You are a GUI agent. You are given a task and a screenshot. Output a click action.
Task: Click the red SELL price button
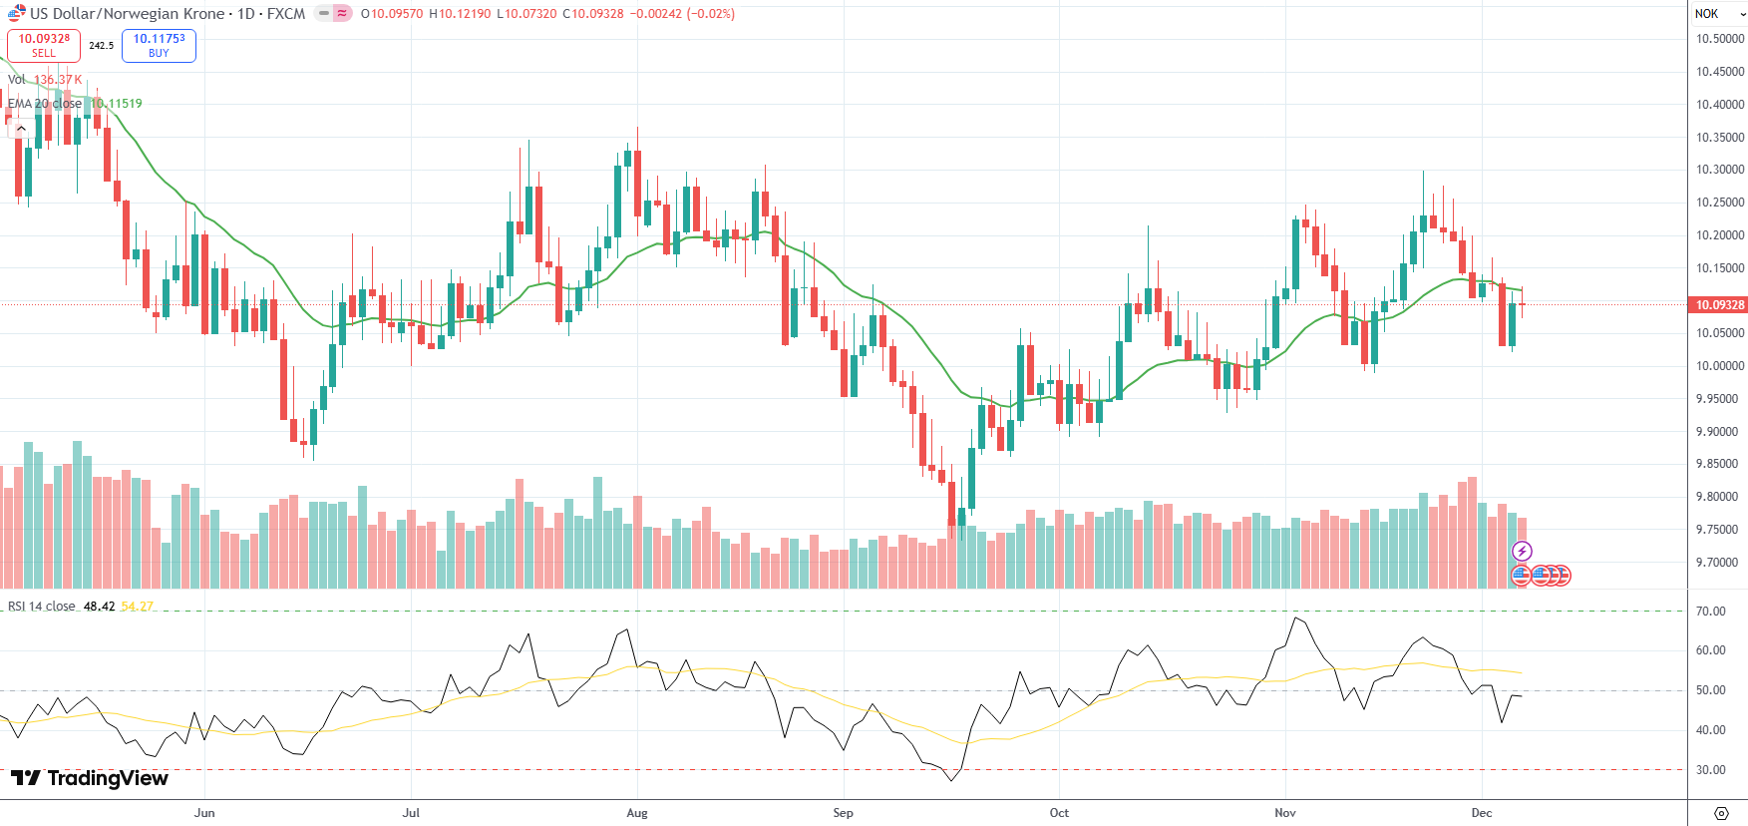(44, 45)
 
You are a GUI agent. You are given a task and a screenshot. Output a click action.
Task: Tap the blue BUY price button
(159, 45)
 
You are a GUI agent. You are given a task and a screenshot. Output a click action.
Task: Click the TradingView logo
(90, 778)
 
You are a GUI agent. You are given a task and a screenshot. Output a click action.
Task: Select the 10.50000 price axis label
(1720, 39)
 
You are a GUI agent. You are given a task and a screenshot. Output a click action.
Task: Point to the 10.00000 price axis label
(1720, 366)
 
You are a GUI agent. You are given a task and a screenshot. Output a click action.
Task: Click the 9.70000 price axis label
(1720, 563)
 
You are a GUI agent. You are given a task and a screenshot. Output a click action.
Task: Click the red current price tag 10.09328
(1718, 305)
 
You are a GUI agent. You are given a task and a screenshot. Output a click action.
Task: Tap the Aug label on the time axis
(637, 813)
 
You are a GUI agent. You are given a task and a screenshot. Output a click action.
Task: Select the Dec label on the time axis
(1482, 813)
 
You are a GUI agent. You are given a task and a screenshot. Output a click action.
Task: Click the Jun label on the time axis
(204, 813)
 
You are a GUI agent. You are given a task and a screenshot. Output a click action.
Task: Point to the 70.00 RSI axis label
(1711, 612)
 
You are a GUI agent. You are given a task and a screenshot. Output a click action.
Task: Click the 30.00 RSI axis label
(1711, 770)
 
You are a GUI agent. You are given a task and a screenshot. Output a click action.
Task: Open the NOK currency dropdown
(1717, 14)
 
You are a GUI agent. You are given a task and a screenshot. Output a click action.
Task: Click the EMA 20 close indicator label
(45, 104)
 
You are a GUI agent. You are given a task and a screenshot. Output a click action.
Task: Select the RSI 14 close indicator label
(42, 607)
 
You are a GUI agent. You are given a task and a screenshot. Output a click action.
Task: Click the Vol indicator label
(17, 80)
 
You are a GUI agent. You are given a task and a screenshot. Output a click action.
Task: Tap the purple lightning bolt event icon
(1522, 551)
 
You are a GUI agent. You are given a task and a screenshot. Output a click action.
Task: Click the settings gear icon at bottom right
(1720, 813)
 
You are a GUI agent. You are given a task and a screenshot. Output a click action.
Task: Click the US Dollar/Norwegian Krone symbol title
(127, 14)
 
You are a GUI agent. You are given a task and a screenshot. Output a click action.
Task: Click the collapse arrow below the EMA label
(21, 128)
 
